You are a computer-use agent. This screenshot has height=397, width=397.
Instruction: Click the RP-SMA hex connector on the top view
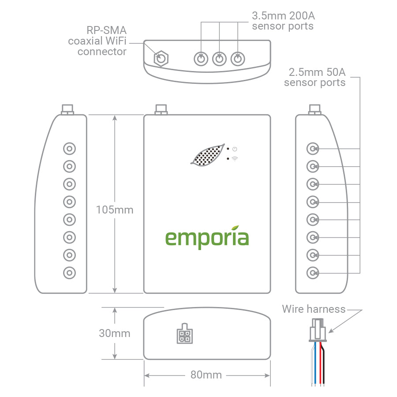[161, 58]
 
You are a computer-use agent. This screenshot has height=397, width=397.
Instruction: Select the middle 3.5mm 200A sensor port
[219, 58]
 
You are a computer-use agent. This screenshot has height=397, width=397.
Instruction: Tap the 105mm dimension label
[115, 210]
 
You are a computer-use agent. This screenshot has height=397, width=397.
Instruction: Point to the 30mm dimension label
[115, 333]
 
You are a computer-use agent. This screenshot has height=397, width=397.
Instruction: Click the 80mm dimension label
[206, 375]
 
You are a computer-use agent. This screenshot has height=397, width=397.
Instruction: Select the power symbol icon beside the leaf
[235, 149]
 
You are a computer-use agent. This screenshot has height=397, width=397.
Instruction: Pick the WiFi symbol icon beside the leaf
[234, 158]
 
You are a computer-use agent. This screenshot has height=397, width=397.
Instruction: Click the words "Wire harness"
[314, 309]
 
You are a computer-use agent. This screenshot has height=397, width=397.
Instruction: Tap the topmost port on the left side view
[69, 148]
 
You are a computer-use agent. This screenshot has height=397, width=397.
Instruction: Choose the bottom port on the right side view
[313, 273]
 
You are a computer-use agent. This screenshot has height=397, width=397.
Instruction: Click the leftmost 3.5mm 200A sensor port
[201, 58]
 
